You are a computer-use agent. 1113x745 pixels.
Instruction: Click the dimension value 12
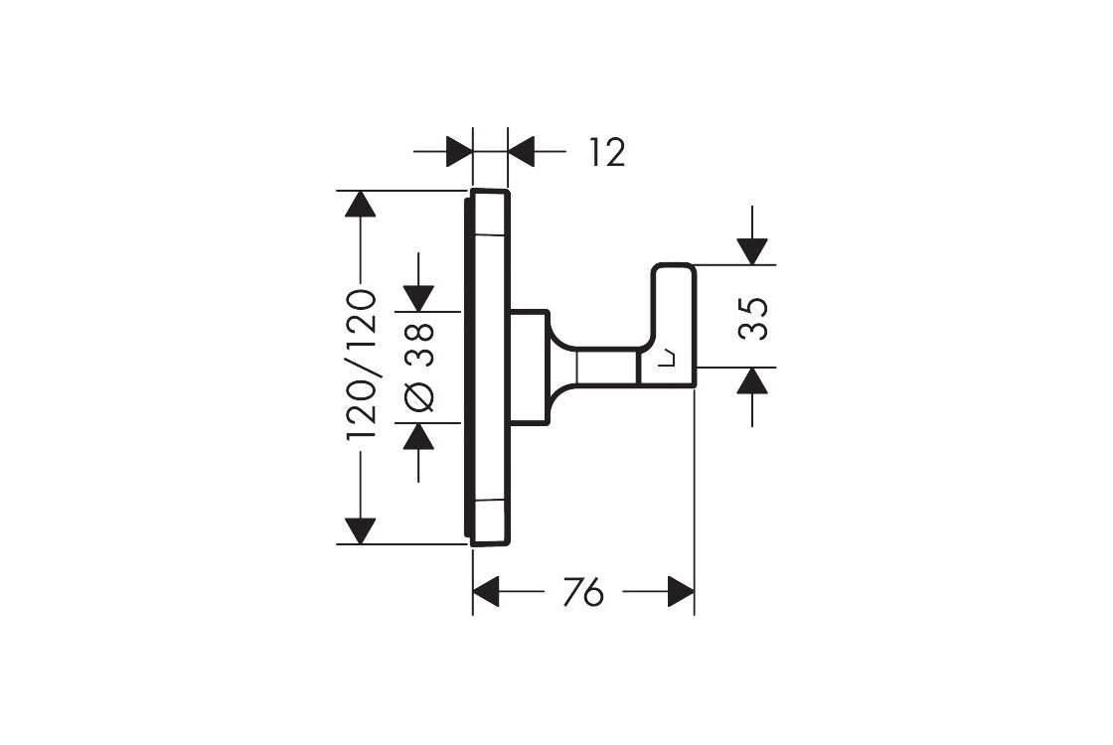pos(606,153)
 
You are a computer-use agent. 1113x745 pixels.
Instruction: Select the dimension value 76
pos(582,593)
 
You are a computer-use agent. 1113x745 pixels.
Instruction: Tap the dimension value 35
pos(756,318)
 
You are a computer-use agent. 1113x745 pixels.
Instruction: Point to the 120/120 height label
pos(360,365)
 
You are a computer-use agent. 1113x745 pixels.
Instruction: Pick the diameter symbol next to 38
pos(419,396)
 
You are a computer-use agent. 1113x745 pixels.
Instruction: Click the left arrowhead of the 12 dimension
pos(459,153)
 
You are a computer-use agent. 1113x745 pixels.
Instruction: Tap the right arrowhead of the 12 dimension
pos(521,153)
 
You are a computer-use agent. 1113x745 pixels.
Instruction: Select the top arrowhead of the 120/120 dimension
pos(360,204)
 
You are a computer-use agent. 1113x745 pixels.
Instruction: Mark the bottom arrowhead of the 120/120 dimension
pos(360,530)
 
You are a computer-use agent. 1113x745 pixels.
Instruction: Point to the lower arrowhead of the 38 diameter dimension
pos(419,437)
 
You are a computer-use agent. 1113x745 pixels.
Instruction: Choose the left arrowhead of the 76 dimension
pos(486,593)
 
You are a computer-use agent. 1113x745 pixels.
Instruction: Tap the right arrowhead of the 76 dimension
pos(680,593)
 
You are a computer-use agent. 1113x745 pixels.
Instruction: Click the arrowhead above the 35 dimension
pos(753,251)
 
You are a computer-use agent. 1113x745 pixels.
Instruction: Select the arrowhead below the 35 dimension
pos(753,380)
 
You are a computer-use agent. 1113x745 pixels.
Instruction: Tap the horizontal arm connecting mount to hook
pos(606,368)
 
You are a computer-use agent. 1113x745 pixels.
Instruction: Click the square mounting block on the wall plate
pos(528,368)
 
